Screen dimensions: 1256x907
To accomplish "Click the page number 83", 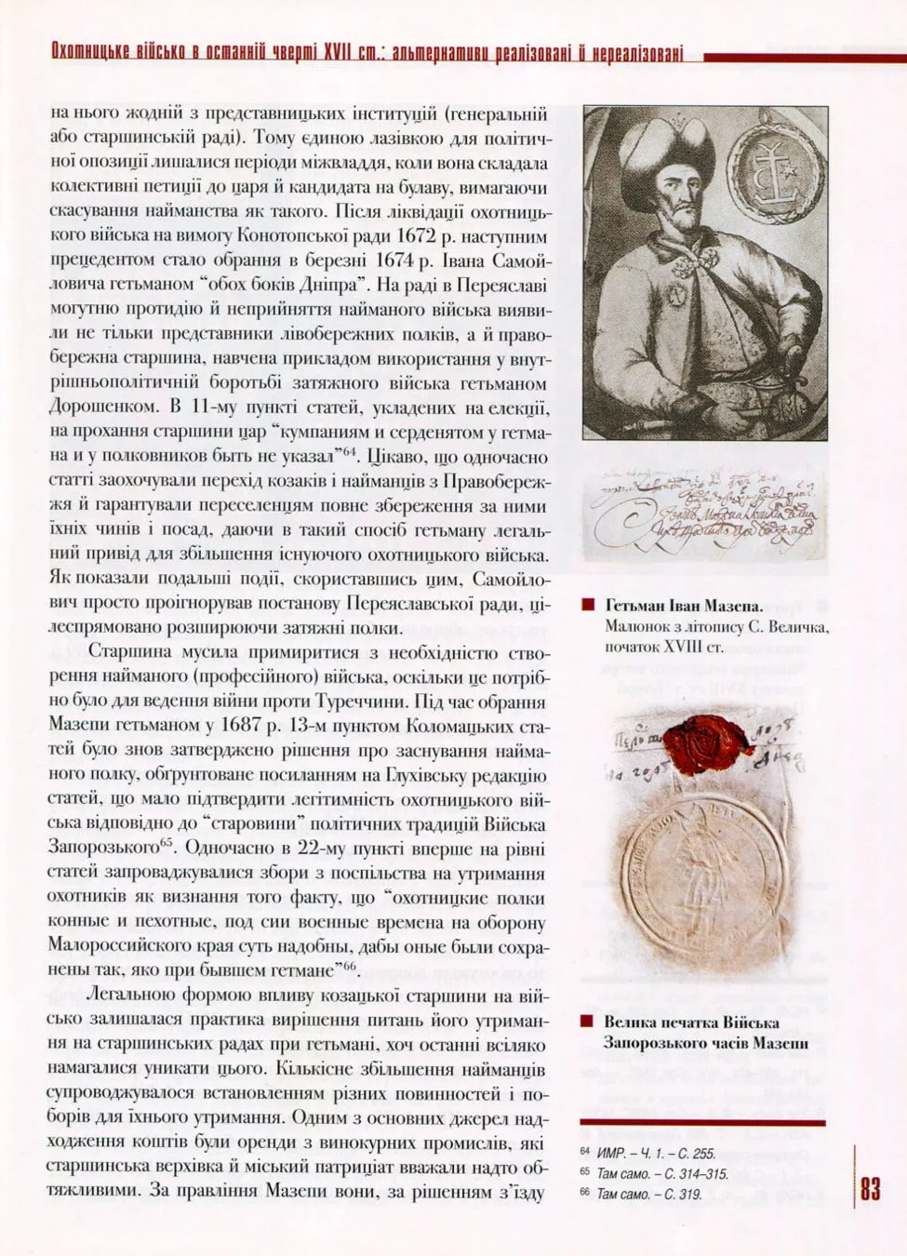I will (x=870, y=1189).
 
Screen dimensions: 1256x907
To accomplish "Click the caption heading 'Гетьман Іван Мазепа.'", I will (x=684, y=605).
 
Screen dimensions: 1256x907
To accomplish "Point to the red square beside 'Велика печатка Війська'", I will (x=587, y=1022).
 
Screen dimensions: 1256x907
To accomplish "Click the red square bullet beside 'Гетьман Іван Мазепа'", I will (x=587, y=605).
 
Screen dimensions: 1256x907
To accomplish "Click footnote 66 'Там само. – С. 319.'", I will (x=649, y=1194).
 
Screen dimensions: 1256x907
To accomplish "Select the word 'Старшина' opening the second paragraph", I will (x=130, y=653).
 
